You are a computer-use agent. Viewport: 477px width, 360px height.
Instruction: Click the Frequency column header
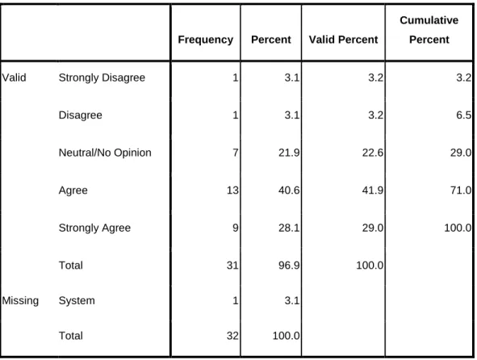click(x=206, y=40)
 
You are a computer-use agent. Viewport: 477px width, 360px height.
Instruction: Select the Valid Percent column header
click(x=344, y=40)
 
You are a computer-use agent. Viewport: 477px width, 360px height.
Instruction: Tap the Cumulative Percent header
click(x=429, y=30)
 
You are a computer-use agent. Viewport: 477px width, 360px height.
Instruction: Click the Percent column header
click(x=271, y=40)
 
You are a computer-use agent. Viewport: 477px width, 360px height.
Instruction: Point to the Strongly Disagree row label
click(x=102, y=78)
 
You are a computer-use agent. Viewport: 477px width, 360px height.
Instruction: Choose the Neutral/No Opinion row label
click(x=105, y=153)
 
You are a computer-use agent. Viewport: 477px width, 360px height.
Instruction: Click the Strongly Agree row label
click(x=94, y=228)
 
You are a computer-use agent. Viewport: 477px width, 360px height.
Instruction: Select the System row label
click(x=77, y=301)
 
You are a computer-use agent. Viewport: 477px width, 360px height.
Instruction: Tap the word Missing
click(x=20, y=301)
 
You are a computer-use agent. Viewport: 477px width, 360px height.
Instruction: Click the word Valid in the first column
click(x=14, y=77)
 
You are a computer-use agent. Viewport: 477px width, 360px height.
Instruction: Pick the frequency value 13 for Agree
click(x=232, y=190)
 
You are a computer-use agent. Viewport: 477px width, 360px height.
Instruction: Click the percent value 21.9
click(x=289, y=153)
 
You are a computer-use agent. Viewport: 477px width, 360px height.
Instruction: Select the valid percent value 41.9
click(x=373, y=190)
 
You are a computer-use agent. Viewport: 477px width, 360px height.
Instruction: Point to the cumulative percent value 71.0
click(x=461, y=190)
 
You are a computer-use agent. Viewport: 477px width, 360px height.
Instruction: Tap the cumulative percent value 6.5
click(x=463, y=115)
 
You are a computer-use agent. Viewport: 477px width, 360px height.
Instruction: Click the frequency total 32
click(x=232, y=336)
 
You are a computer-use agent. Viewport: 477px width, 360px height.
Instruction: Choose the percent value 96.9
click(x=289, y=266)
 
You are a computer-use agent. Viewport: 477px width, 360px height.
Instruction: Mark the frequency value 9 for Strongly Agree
click(x=236, y=228)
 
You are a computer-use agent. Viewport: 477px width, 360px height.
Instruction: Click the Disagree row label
click(x=81, y=115)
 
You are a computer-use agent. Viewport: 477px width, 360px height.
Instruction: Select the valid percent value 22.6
click(x=373, y=153)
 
